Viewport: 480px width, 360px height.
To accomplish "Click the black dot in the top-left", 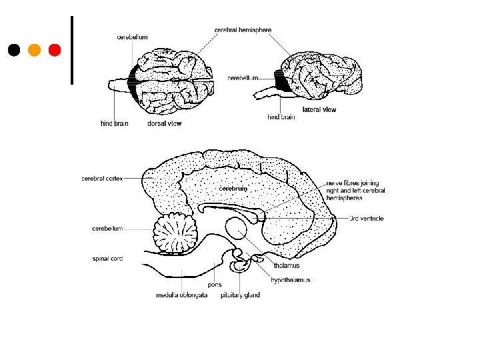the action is (14, 50).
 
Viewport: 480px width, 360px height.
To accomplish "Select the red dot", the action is (55, 50).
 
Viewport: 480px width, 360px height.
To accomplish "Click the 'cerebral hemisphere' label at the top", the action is (243, 30).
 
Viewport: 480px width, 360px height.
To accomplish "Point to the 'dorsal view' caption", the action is (164, 123).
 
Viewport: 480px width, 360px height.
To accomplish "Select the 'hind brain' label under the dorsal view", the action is (114, 123).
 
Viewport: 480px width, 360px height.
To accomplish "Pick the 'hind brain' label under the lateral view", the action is (281, 117).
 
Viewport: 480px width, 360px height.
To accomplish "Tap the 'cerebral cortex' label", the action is (102, 178).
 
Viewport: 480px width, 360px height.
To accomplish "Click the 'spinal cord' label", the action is (107, 258).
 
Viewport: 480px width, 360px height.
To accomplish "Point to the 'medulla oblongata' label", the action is (180, 295).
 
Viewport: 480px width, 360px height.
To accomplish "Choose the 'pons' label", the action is (215, 285).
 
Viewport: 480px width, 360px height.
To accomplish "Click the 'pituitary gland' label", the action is (240, 295).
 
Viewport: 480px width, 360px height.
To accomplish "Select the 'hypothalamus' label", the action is (290, 280).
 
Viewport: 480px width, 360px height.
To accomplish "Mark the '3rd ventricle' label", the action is (367, 219).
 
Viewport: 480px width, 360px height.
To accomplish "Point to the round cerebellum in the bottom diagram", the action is (176, 233).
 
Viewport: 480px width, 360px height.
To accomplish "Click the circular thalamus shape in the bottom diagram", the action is (237, 229).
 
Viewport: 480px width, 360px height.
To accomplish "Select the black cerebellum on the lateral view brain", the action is (282, 81).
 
